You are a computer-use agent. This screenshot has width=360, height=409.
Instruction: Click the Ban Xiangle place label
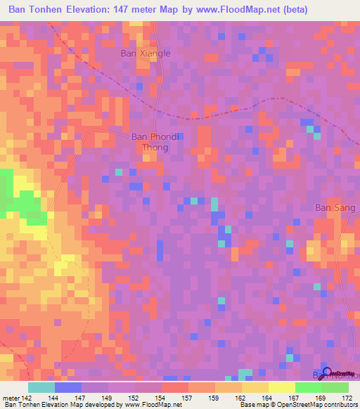pos(146,53)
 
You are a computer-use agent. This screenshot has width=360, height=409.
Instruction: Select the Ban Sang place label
pos(330,207)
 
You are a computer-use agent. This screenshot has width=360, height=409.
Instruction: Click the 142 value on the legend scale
pos(27,397)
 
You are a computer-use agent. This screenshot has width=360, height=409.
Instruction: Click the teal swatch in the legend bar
pos(41,387)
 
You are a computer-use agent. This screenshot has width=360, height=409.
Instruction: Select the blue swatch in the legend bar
pos(67,387)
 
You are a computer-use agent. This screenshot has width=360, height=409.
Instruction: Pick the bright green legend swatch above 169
pos(308,387)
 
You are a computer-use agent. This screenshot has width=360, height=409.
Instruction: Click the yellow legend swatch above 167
pos(281,387)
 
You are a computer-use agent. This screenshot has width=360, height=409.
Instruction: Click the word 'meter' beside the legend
pos(10,397)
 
